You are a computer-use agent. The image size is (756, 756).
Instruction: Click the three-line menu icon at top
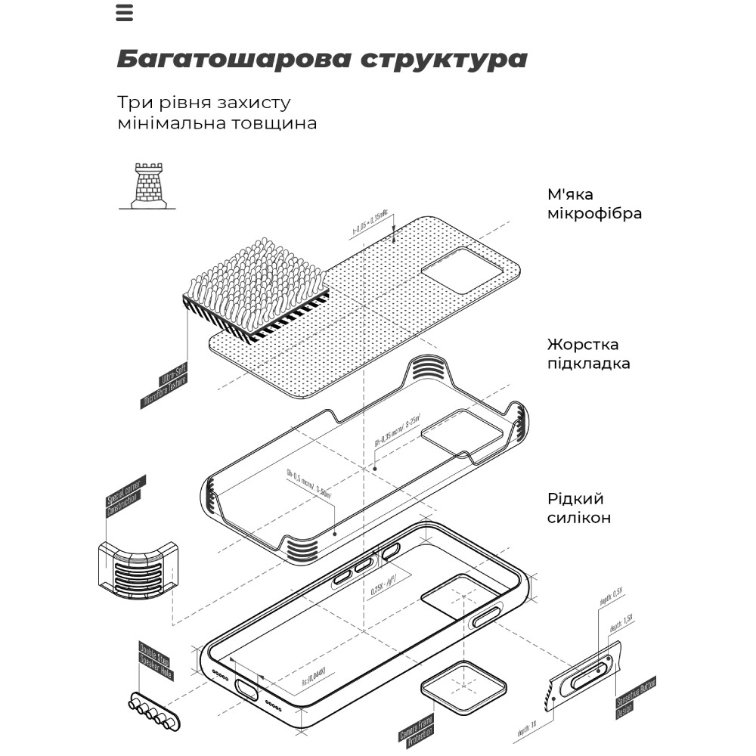[125, 13]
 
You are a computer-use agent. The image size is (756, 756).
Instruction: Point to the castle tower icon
[148, 186]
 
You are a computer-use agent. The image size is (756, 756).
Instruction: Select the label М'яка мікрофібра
[594, 204]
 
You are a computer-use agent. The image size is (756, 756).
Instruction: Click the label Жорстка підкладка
[588, 354]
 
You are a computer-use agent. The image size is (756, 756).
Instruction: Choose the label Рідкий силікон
[579, 508]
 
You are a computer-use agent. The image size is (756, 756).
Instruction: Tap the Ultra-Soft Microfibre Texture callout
[164, 386]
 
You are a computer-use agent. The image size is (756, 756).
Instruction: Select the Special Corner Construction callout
[125, 497]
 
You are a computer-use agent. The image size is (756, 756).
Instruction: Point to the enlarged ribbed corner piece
[138, 569]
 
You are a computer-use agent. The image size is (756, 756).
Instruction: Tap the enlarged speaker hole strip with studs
[155, 711]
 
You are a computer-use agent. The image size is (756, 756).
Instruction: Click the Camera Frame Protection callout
[417, 726]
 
